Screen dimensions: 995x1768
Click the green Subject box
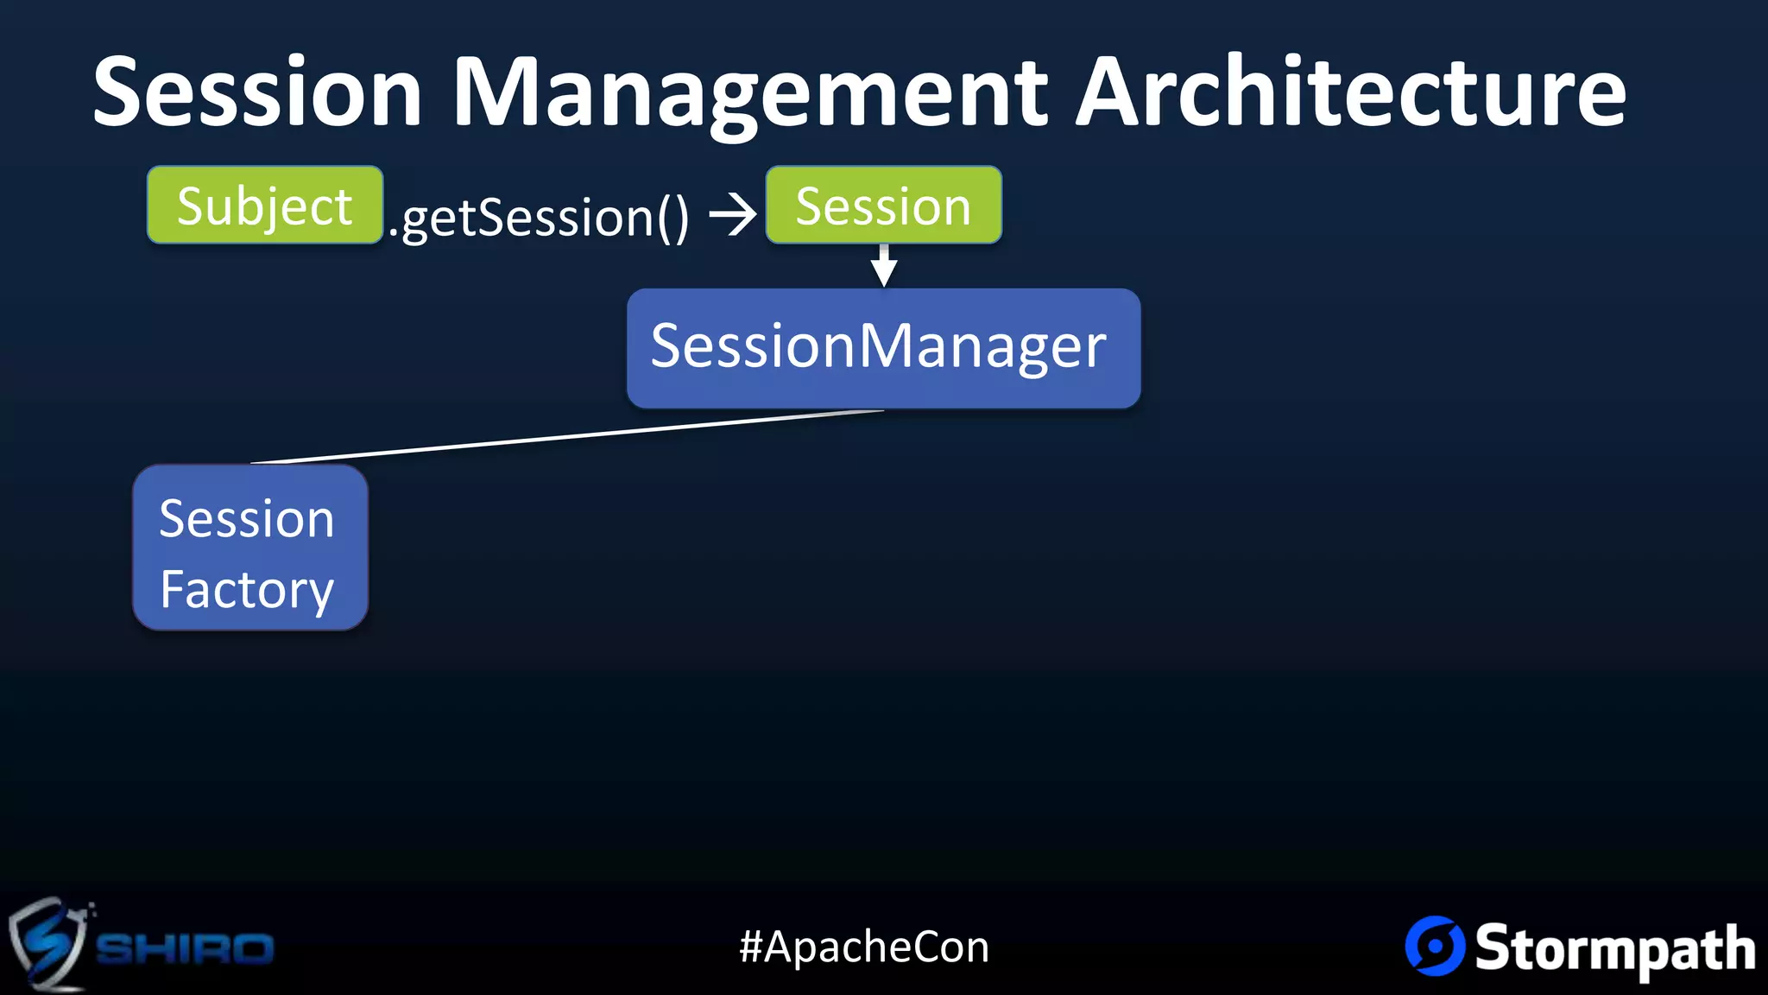tap(264, 205)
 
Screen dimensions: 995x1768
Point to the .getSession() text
tap(539, 217)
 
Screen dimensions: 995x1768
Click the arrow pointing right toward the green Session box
tap(732, 214)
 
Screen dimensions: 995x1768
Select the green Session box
tap(883, 205)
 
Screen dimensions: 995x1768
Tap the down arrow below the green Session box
tap(883, 266)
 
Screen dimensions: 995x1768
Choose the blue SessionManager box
tap(883, 347)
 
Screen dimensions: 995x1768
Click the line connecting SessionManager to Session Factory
tap(566, 437)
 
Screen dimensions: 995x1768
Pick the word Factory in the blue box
tap(247, 590)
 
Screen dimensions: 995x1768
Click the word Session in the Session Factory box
tap(247, 519)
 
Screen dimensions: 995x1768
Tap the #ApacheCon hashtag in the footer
tap(864, 947)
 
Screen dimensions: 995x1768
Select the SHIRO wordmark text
tap(185, 948)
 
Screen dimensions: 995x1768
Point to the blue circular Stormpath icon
tap(1435, 946)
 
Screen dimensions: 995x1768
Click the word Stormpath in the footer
tap(1614, 948)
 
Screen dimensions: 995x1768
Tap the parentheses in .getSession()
tap(673, 218)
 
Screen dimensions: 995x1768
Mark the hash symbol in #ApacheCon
tap(750, 947)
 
